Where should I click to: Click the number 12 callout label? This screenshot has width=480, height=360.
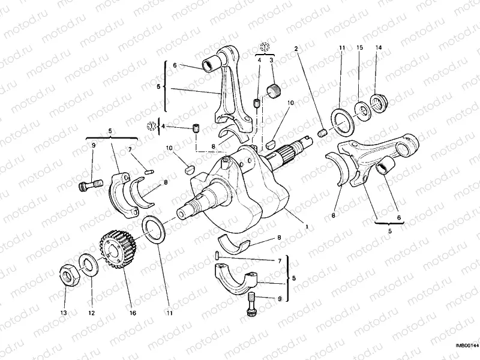[x=91, y=313]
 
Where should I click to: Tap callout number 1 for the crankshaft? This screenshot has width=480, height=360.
[x=307, y=227]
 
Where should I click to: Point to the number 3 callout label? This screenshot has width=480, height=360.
[x=271, y=60]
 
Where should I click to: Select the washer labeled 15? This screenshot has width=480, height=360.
[x=362, y=110]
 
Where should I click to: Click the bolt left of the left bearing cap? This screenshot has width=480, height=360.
[x=88, y=185]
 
